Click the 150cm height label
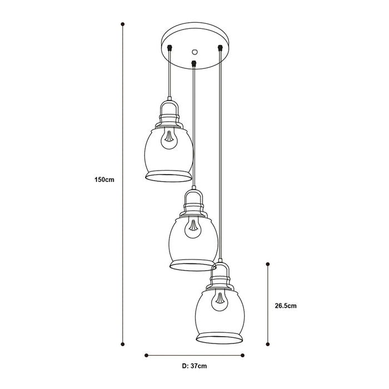(104, 179)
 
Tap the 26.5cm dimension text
(286, 306)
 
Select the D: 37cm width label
(194, 366)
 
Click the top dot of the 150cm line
(123, 24)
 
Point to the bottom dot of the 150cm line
(123, 344)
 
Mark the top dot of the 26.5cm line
(268, 264)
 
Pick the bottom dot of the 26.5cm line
(268, 344)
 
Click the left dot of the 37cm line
(146, 355)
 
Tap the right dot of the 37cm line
(243, 355)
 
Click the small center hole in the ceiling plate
(194, 52)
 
